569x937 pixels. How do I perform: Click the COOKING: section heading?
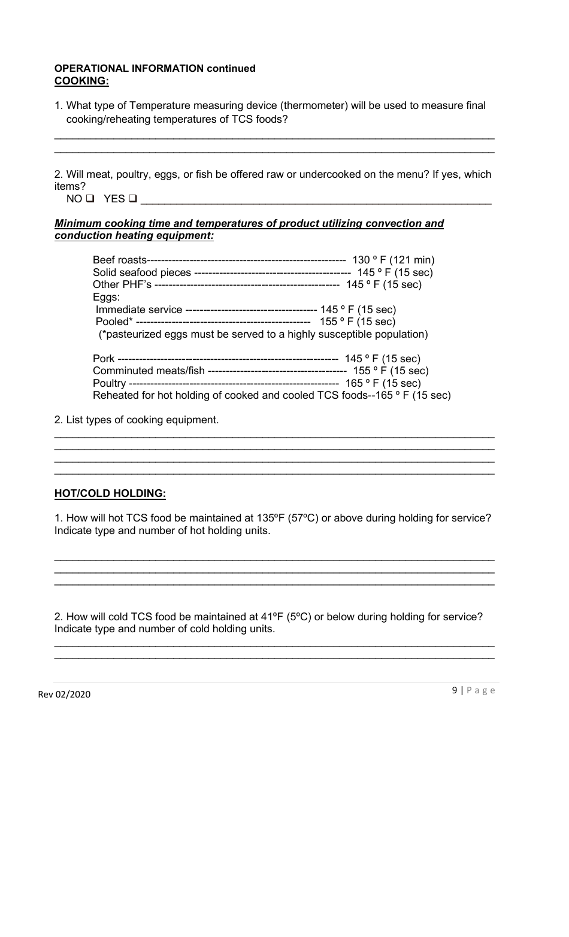pyautogui.click(x=81, y=80)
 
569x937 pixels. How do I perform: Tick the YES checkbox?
pyautogui.click(x=133, y=199)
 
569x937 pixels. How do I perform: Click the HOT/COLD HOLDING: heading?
pyautogui.click(x=110, y=493)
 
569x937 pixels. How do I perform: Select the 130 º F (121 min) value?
pyautogui.click(x=393, y=260)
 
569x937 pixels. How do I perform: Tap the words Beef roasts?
pyautogui.click(x=119, y=260)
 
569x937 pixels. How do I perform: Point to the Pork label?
pyautogui.click(x=104, y=359)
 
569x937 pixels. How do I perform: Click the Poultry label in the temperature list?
pyautogui.click(x=109, y=383)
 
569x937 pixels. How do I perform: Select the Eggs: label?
pyautogui.click(x=106, y=297)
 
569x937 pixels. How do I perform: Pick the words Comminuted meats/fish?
pyautogui.click(x=149, y=371)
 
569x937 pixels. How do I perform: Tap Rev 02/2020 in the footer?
pyautogui.click(x=65, y=695)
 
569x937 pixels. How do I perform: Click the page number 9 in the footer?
pyautogui.click(x=455, y=690)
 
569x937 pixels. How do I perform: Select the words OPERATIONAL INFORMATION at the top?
pyautogui.click(x=129, y=68)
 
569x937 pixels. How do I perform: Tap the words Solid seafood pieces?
pyautogui.click(x=141, y=272)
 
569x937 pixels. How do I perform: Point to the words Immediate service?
pyautogui.click(x=139, y=310)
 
